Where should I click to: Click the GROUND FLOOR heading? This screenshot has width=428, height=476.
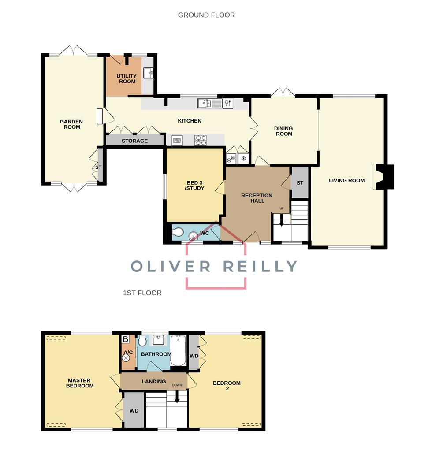[x=206, y=15]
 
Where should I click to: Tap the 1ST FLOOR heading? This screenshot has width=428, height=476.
[x=142, y=293]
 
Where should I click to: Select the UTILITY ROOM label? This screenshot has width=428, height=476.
[x=127, y=78]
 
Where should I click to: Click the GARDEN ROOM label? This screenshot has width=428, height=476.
[x=71, y=124]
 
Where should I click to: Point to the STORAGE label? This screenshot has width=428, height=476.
[x=135, y=141]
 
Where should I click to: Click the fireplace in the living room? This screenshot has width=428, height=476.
[x=383, y=177]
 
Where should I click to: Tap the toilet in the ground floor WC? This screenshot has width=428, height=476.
[x=177, y=233]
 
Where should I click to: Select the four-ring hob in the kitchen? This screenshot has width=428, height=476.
[x=201, y=140]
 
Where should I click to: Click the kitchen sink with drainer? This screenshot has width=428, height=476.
[x=210, y=103]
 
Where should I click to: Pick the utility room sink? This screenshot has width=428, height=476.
[x=148, y=73]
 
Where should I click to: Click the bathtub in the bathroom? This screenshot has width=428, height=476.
[x=178, y=351]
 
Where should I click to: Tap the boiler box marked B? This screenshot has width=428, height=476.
[x=125, y=339]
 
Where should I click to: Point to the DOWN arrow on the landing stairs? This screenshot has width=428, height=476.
[x=177, y=397]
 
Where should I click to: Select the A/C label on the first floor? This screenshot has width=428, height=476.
[x=128, y=353]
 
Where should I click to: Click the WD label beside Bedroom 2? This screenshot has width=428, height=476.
[x=194, y=356]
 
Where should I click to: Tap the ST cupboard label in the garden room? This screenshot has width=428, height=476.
[x=98, y=167]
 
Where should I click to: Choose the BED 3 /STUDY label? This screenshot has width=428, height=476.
[x=194, y=186]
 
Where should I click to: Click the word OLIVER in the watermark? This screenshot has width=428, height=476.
[x=171, y=266]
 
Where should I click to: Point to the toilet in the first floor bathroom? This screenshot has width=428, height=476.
[x=142, y=341]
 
